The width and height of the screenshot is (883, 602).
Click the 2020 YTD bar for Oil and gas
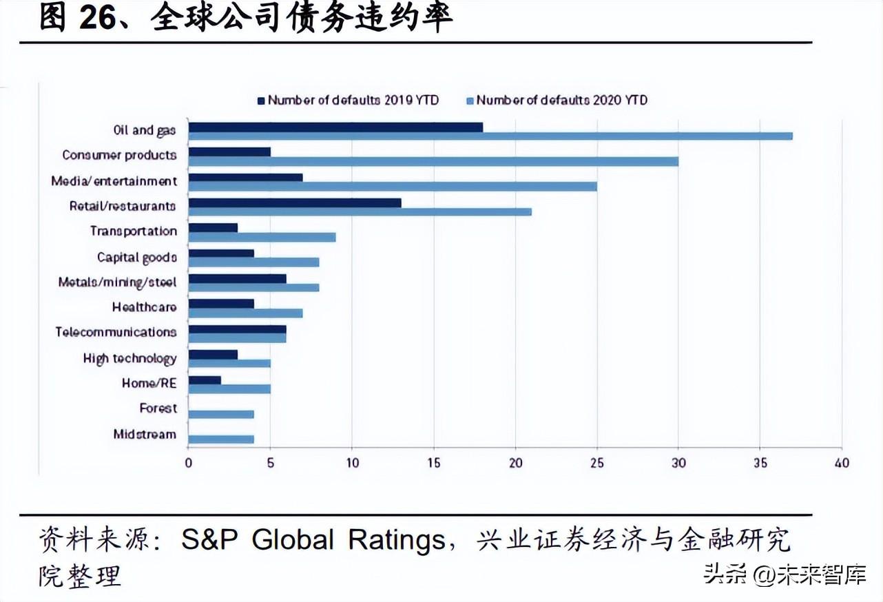pos(490,136)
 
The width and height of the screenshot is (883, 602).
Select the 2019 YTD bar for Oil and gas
pos(335,127)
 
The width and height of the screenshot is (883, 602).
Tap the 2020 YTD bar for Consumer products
pos(433,161)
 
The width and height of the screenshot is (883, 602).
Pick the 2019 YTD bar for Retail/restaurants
pos(295,203)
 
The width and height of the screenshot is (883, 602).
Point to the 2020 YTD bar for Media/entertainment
pos(393,187)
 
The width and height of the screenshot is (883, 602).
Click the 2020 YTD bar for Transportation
pos(262,237)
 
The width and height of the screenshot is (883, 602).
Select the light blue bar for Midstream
pos(221,439)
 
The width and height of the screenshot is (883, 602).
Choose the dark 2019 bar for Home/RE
pos(205,380)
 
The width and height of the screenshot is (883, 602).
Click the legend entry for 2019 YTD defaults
pos(349,100)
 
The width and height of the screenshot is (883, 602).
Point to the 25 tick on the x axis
pos(597,463)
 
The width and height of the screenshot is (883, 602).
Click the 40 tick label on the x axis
pos(842,463)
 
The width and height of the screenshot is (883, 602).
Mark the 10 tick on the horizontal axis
pos(352,463)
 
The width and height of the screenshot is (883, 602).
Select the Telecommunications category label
pos(116,332)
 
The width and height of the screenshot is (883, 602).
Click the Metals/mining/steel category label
pos(118,282)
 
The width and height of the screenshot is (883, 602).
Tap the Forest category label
pos(158,408)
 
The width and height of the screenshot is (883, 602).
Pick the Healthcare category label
pos(144,307)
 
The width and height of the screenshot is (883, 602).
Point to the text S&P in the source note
pos(210,540)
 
